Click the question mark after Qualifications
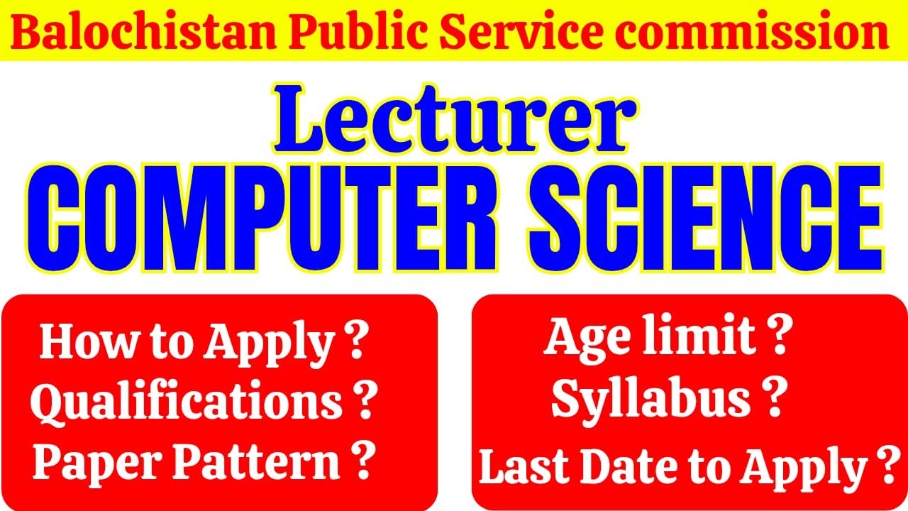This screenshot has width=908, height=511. click(364, 403)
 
